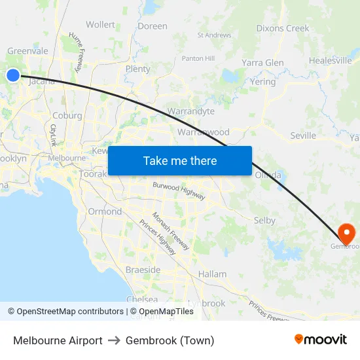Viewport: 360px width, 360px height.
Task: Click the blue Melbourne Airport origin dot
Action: pos(13,75)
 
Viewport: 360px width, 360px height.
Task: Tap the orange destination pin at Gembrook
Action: pos(346,234)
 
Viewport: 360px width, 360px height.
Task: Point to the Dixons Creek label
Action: pos(283,28)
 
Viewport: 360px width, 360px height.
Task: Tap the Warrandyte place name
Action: pos(190,111)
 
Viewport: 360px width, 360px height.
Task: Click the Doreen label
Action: pos(153,26)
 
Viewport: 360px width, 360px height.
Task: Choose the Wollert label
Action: pos(100,25)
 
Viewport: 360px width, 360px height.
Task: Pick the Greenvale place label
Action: pos(27,51)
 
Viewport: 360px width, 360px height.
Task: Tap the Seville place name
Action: pos(303,136)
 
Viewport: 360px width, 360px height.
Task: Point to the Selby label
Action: pos(264,221)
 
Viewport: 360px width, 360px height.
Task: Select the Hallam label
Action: pos(213,274)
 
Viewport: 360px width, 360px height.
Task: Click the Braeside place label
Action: pos(143,270)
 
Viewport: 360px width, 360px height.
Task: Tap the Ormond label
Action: pos(105,211)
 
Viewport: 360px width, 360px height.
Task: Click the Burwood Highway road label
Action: pos(179,191)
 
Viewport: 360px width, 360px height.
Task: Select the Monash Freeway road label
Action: pos(171,231)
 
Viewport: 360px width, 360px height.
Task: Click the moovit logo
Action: pos(320,340)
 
